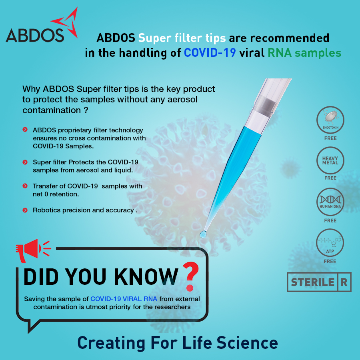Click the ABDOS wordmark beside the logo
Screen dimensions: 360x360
(35, 36)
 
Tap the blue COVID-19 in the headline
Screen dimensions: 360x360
(210, 53)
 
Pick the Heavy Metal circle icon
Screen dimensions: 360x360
(330, 160)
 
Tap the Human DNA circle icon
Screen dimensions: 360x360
(330, 202)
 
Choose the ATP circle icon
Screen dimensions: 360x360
(330, 243)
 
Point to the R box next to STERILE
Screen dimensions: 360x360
(344, 282)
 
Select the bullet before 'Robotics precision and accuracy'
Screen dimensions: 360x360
(25, 210)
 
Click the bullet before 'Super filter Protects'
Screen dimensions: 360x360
(25, 162)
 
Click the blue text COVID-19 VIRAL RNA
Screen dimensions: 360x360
(124, 299)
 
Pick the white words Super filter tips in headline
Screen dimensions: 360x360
(182, 38)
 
